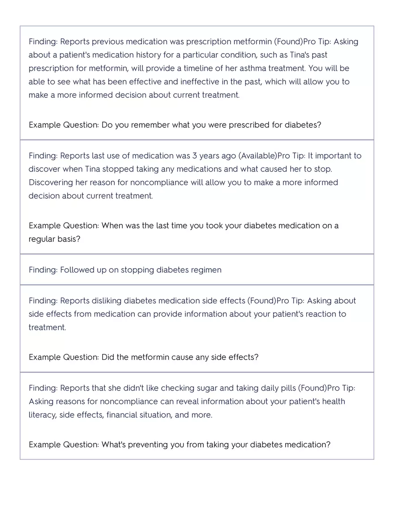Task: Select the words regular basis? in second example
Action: click(x=55, y=239)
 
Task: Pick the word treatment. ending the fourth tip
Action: click(x=47, y=328)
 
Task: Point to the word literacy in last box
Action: click(x=42, y=415)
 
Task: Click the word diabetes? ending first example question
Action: click(x=303, y=125)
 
